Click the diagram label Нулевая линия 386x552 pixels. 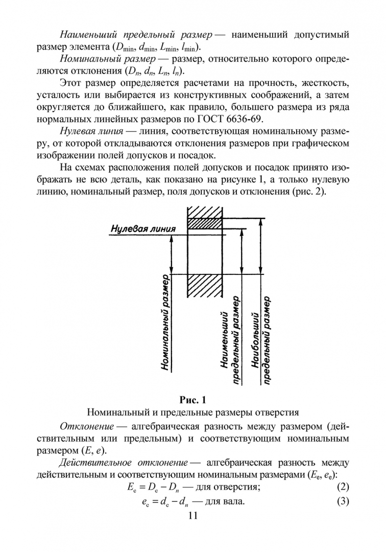pos(143,229)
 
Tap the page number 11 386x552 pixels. pos(192,516)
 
